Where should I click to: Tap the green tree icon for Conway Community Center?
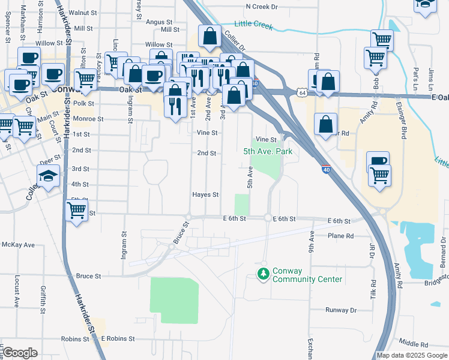coord(262,274)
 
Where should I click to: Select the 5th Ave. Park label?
coord(268,151)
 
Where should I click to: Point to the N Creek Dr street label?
coord(262,7)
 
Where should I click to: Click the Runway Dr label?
coord(341,310)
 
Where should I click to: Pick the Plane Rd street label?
coord(341,236)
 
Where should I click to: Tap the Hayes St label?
coord(205,194)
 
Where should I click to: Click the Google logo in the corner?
coord(20,353)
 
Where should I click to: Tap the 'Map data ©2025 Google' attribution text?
coord(411,355)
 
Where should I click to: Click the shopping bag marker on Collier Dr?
coord(209,37)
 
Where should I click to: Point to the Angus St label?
coord(160,22)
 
